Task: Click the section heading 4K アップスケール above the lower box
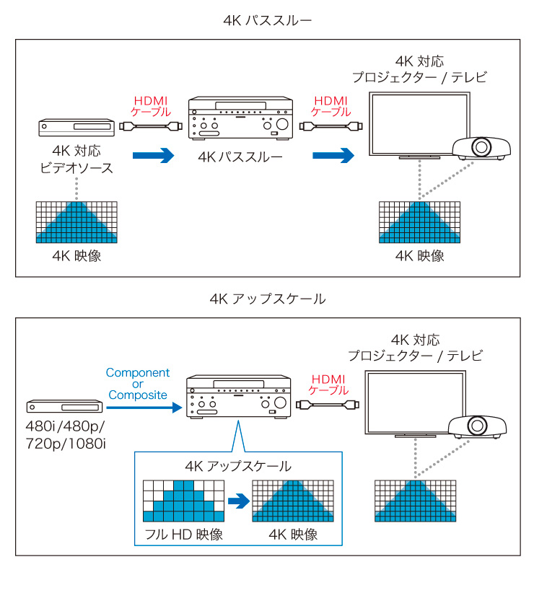267,299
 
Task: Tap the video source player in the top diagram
76,127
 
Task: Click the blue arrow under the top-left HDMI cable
154,154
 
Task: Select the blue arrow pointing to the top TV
333,154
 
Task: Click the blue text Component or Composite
138,384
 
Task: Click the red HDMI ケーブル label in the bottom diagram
328,385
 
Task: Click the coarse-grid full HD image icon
183,500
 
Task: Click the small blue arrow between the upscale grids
238,500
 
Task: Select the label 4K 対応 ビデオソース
76,159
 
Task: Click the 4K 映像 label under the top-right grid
420,256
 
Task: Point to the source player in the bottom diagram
65,408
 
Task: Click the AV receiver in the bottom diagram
238,397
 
